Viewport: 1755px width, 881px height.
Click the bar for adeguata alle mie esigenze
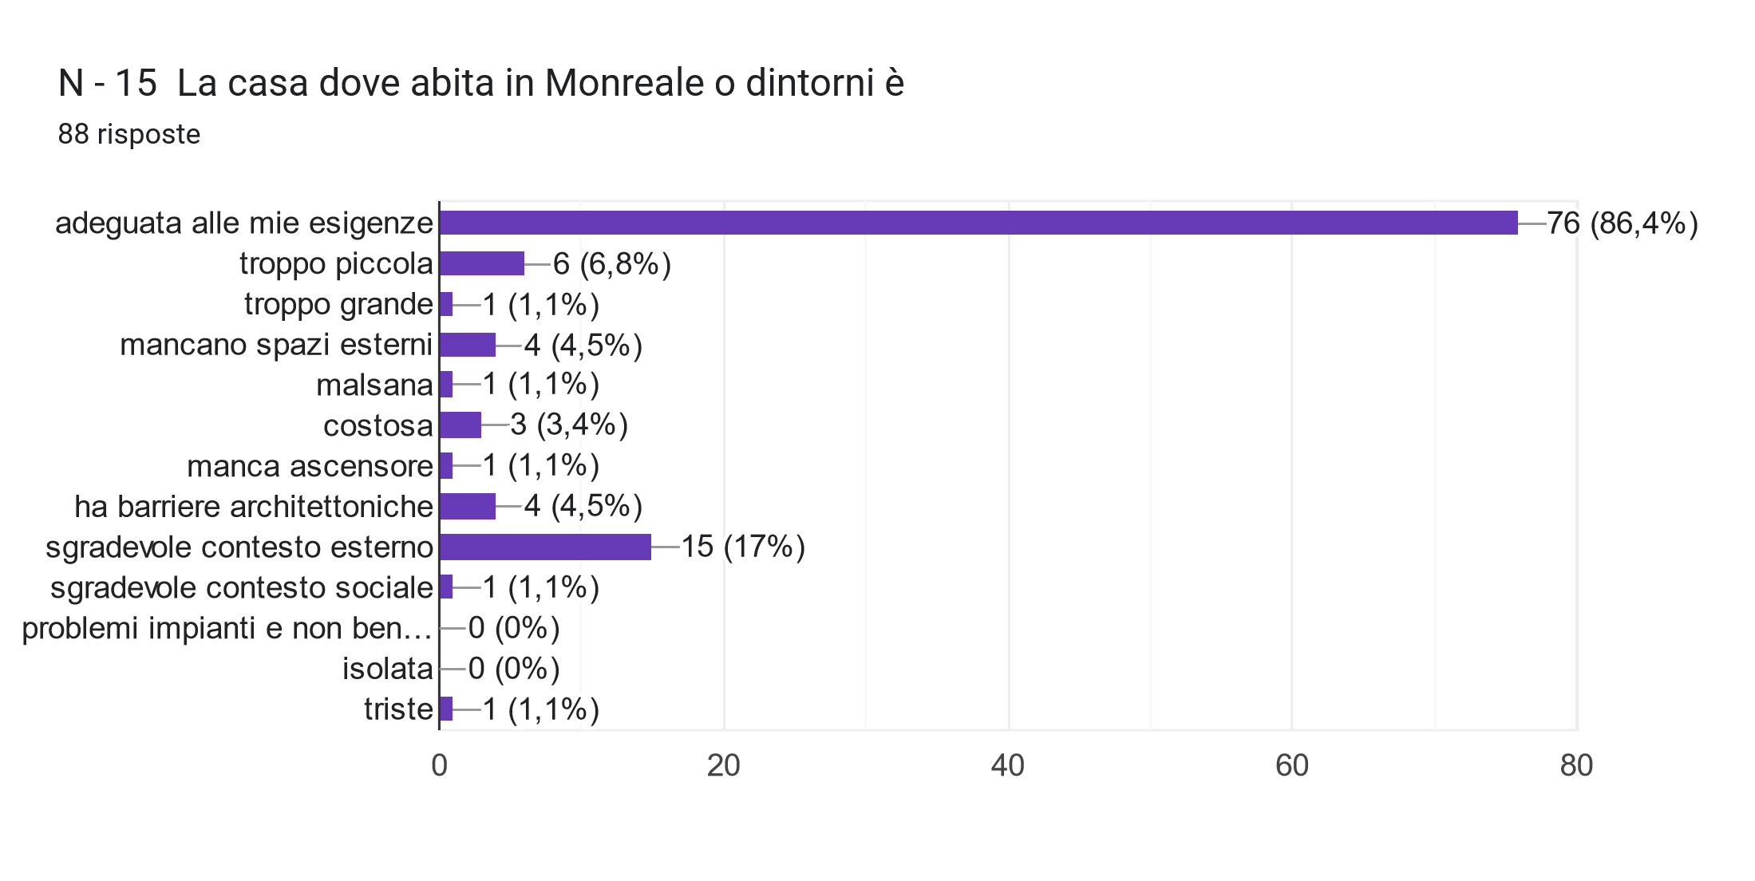[978, 223]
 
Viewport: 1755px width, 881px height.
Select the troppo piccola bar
[482, 263]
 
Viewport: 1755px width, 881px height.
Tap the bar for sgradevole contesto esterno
[545, 547]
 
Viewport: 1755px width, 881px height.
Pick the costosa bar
[460, 425]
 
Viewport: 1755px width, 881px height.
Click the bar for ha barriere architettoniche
[468, 506]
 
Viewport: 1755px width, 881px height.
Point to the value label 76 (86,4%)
[1622, 223]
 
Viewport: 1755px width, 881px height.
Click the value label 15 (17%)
[742, 547]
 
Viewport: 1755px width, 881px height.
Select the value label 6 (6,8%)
[611, 263]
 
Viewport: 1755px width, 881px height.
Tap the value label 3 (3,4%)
[569, 425]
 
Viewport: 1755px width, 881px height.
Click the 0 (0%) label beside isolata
[514, 668]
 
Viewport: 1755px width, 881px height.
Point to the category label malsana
[374, 385]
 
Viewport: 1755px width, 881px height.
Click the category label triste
[398, 709]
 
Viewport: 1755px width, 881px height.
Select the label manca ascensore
[310, 466]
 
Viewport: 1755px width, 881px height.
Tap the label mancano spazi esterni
[276, 345]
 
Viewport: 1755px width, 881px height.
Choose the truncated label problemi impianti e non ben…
[227, 628]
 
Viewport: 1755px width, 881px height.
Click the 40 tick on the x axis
[1007, 765]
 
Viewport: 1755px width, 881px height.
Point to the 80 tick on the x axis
[1576, 765]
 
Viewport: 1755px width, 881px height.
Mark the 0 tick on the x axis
[439, 765]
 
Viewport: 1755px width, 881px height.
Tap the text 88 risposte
[129, 134]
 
